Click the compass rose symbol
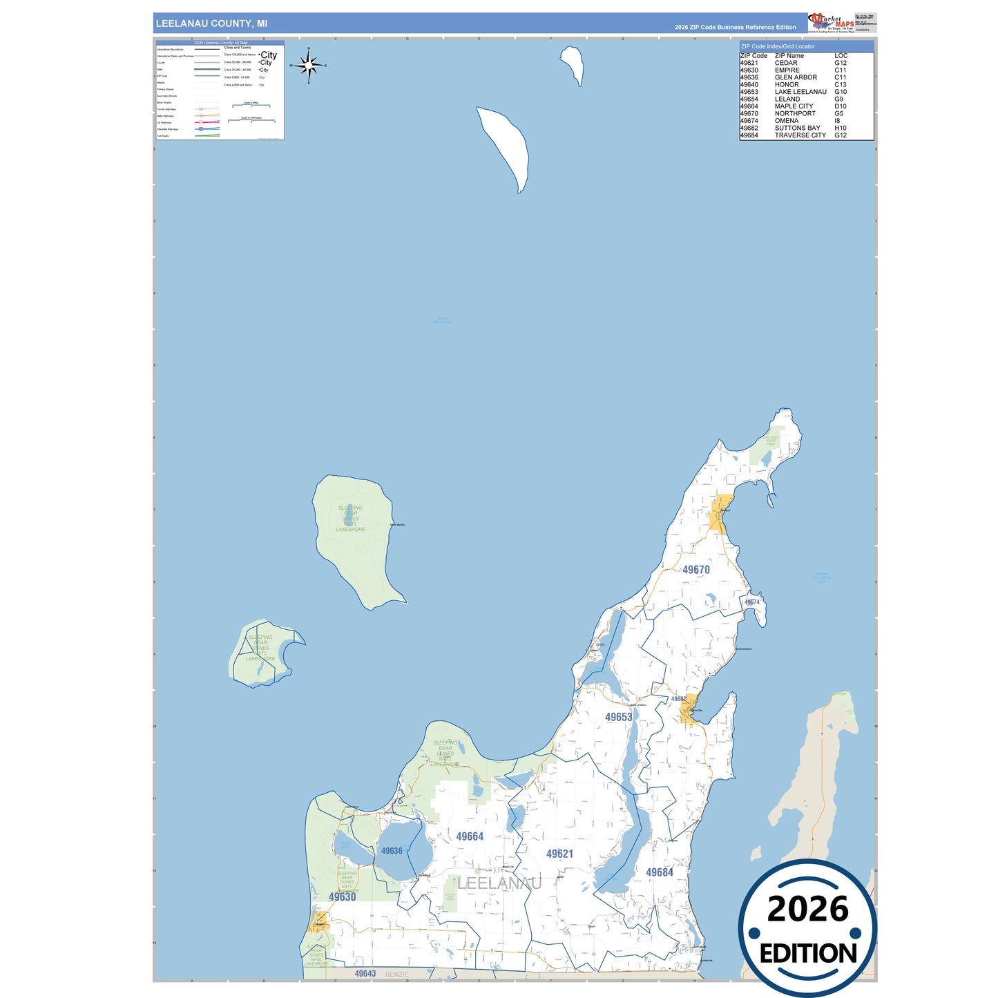309,66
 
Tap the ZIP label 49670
695,570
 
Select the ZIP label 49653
618,717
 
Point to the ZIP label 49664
470,836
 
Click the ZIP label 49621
559,854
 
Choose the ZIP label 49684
659,872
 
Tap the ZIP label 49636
392,851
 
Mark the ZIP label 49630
342,896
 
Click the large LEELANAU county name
499,883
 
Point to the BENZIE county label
396,975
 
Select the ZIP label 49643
365,974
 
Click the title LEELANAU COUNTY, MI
211,23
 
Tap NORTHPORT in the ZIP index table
795,113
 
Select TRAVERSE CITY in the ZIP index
800,135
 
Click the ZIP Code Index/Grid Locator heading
778,46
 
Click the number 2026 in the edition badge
807,909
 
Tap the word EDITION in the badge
808,954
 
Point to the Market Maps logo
832,23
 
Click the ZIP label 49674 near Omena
751,602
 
